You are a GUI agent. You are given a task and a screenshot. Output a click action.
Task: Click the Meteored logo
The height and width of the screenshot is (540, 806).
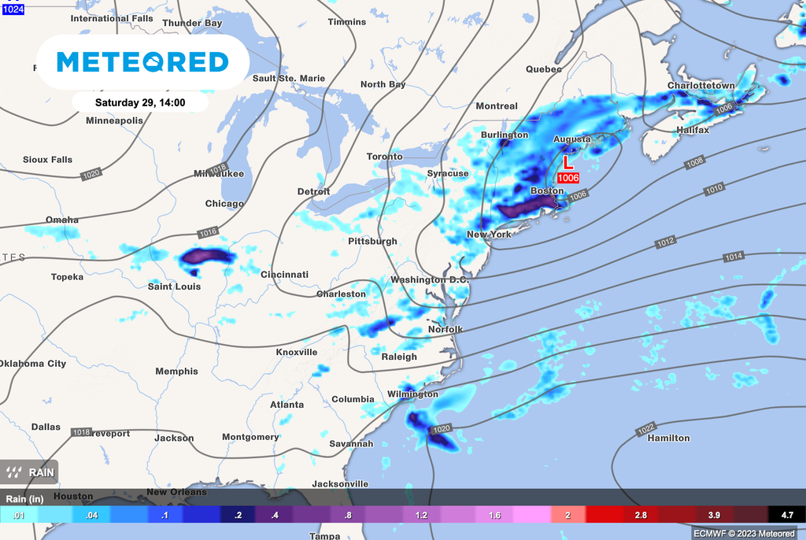coord(142,61)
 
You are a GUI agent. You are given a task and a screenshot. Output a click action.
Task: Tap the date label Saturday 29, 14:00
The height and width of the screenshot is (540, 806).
coord(140,102)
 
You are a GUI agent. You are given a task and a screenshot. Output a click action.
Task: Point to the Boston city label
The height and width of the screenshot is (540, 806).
coord(546,190)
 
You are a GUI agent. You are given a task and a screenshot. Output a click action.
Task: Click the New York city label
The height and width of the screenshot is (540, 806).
coord(489,235)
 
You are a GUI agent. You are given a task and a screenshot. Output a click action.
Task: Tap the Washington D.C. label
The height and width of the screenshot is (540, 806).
coord(430,280)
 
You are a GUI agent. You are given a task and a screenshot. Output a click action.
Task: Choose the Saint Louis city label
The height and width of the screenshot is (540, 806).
coord(174,287)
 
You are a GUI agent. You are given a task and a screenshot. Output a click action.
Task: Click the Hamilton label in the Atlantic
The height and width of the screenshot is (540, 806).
coord(668,438)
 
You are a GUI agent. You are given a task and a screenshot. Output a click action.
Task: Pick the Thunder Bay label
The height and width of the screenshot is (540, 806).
coord(192,24)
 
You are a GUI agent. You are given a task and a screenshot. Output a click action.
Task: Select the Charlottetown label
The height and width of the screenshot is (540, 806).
coord(701,85)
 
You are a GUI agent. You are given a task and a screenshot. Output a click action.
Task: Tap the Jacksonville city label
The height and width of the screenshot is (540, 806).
coord(340,483)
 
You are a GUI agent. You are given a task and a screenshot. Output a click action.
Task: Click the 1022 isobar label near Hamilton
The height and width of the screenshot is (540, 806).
coord(646,429)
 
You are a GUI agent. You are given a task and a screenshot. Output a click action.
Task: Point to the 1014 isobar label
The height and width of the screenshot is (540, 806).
coord(734,257)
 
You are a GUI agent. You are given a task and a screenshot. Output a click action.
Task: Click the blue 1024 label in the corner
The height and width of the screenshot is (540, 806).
coord(13,8)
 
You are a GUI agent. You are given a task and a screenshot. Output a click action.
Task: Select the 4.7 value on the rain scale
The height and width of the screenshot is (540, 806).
coord(787,515)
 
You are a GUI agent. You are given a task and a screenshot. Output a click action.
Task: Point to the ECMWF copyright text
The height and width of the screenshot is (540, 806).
coord(744,533)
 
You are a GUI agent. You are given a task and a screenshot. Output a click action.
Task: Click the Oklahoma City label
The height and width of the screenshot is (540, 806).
coord(33,364)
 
